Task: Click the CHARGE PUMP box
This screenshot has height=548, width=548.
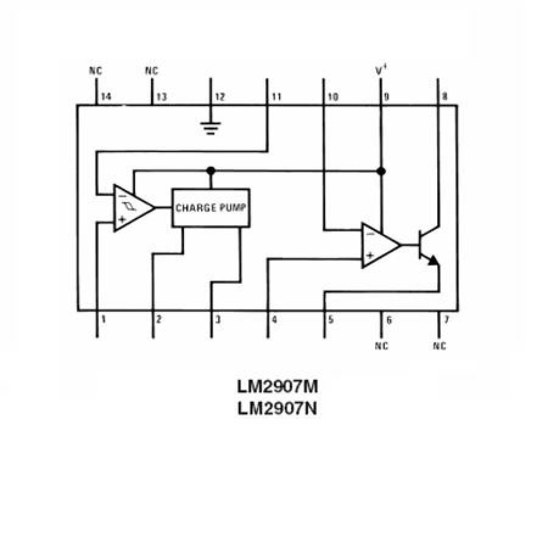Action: pyautogui.click(x=211, y=208)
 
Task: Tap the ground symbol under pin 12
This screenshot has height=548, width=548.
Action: pyautogui.click(x=210, y=128)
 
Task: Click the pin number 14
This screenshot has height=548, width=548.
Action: pyautogui.click(x=107, y=97)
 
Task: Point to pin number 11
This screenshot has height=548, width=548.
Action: pyautogui.click(x=276, y=97)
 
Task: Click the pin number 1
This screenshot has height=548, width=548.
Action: pyautogui.click(x=104, y=318)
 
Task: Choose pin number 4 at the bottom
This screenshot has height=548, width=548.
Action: pyautogui.click(x=275, y=318)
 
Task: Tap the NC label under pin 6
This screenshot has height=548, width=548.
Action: pyautogui.click(x=382, y=346)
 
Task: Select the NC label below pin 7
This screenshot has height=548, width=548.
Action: pyautogui.click(x=439, y=346)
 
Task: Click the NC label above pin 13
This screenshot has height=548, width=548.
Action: pyautogui.click(x=152, y=71)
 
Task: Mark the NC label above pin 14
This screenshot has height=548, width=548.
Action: pyautogui.click(x=96, y=71)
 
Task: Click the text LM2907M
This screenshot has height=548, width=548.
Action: pyautogui.click(x=278, y=387)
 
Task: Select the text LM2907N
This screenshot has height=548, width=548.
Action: pyautogui.click(x=278, y=408)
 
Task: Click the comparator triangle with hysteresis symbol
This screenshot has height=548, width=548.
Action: pyautogui.click(x=131, y=208)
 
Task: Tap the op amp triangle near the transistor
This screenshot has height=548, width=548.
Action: pyautogui.click(x=378, y=245)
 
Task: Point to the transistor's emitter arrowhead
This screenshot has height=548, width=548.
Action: pyautogui.click(x=433, y=261)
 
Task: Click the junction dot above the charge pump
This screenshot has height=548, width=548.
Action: pyautogui.click(x=211, y=170)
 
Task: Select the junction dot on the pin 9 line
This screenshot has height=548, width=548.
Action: pyautogui.click(x=381, y=171)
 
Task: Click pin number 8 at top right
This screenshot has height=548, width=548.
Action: pyautogui.click(x=445, y=97)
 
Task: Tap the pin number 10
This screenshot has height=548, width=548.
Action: pyautogui.click(x=332, y=97)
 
